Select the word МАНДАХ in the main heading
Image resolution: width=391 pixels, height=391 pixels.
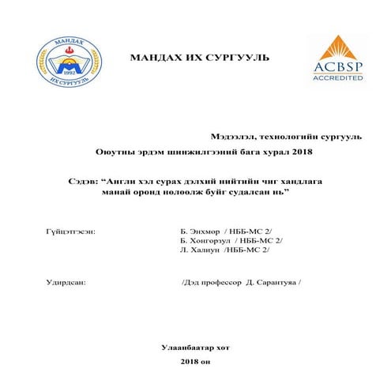[x=154, y=58]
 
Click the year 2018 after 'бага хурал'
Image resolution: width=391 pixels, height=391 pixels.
[x=291, y=151]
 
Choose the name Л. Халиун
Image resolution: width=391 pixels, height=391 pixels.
[x=201, y=250]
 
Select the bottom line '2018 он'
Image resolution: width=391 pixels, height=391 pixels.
[x=196, y=360]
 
